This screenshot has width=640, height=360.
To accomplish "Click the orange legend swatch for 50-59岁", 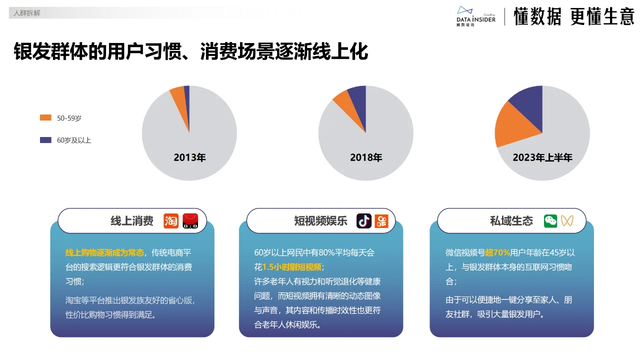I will point(45,117).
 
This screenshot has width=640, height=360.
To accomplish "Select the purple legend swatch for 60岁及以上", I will point(45,140).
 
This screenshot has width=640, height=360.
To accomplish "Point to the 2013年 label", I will point(189,157).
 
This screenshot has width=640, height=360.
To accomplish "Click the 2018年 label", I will point(366,157).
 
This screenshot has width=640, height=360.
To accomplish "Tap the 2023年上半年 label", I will point(542,157).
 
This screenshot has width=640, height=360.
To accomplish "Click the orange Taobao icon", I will point(171,221).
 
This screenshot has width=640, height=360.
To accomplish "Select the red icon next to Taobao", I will point(190,221).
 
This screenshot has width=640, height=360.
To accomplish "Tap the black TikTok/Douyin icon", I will point(363,221).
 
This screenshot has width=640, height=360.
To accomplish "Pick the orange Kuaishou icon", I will point(382,221).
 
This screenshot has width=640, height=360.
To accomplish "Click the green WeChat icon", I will point(550,221).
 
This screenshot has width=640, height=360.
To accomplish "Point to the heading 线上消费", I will point(132,221).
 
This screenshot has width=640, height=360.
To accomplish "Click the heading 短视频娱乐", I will point(320,221).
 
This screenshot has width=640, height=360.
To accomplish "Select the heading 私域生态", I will point(511,221).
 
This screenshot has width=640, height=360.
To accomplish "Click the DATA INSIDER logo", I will point(475,16).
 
